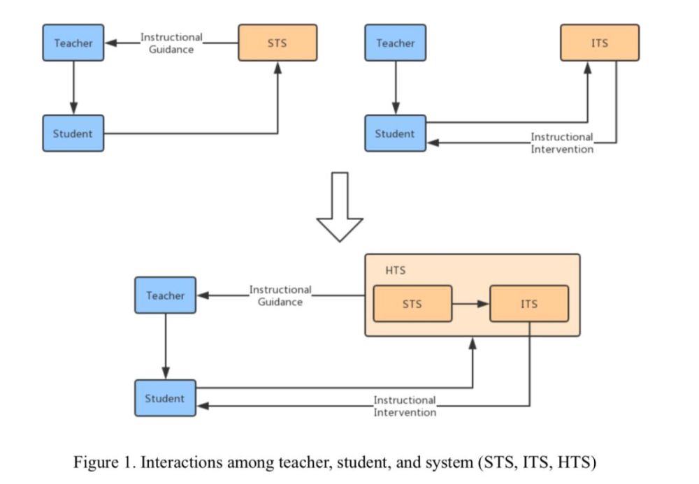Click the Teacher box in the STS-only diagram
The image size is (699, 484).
[73, 43]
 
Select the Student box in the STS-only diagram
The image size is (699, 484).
[73, 133]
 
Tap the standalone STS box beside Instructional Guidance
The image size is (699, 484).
[278, 43]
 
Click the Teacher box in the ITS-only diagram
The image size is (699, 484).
[396, 43]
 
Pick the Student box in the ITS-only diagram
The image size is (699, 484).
[396, 133]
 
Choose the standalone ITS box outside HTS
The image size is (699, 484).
[600, 43]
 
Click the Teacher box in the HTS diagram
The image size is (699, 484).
[166, 295]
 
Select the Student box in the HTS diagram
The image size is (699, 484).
[166, 398]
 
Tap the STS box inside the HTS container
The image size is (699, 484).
[412, 304]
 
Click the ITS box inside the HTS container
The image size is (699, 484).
[529, 304]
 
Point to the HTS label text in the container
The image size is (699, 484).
[396, 270]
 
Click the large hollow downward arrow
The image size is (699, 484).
[340, 207]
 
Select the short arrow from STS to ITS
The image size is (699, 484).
[470, 304]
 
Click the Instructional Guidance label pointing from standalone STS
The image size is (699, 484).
[172, 43]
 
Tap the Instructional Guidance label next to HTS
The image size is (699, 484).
[280, 295]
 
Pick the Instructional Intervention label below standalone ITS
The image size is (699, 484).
[562, 143]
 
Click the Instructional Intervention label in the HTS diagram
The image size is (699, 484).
[405, 406]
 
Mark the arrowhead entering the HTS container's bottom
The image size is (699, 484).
[473, 343]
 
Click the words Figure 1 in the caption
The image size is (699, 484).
[104, 462]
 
